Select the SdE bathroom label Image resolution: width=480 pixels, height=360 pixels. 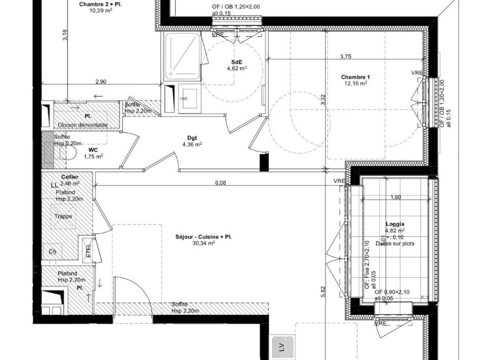(x=236, y=62)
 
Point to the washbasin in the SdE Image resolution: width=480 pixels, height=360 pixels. (x=189, y=97)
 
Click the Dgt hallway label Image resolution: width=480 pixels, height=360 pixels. (x=192, y=138)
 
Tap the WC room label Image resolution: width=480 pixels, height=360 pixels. (x=93, y=150)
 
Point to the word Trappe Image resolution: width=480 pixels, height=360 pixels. (x=63, y=216)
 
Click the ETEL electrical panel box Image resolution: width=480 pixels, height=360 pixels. (x=88, y=250)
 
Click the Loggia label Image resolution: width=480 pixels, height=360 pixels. (x=395, y=224)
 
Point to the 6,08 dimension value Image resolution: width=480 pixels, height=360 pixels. (x=220, y=182)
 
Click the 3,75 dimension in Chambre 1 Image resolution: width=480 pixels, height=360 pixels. (x=346, y=56)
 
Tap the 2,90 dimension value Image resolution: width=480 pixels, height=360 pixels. (x=101, y=82)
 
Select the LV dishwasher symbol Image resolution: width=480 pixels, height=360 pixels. (x=281, y=347)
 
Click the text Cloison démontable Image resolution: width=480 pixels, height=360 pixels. (x=83, y=125)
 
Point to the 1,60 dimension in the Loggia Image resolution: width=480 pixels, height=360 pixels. (x=395, y=197)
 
